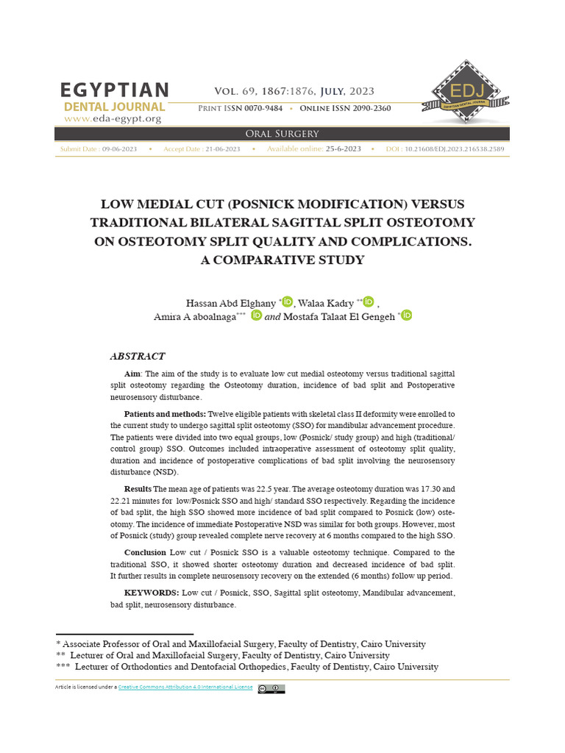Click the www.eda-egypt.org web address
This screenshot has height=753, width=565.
113,118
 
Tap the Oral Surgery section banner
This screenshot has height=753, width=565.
282,133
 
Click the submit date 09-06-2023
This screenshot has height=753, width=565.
119,149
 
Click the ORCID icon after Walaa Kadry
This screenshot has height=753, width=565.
369,302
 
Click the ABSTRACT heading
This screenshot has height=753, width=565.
138,356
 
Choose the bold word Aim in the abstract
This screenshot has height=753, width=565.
132,374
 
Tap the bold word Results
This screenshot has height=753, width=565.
138,488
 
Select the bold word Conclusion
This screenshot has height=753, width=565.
145,552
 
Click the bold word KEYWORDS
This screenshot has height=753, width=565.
151,592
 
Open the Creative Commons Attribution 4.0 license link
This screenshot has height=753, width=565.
185,688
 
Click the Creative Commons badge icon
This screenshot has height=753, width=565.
271,688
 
